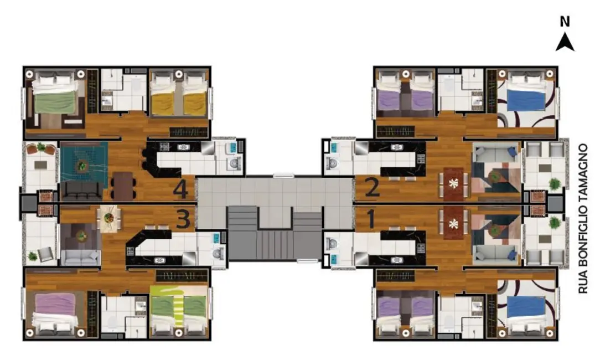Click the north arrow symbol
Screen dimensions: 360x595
565,42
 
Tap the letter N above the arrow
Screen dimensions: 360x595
565,22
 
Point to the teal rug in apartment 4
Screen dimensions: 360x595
83,161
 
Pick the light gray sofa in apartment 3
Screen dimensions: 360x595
81,257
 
